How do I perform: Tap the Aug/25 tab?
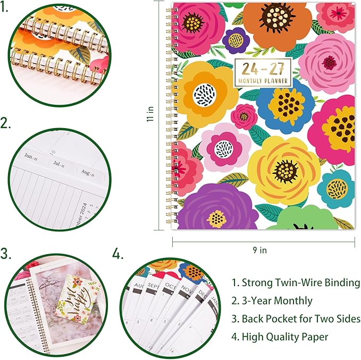coord(85,172)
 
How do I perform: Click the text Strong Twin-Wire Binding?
coord(296,283)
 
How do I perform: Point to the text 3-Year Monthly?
coord(272,301)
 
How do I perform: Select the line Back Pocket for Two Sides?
coord(296,319)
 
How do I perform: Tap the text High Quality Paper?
coord(280,337)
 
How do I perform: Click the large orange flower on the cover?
coord(271,24)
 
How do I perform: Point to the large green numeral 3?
coord(7,253)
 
